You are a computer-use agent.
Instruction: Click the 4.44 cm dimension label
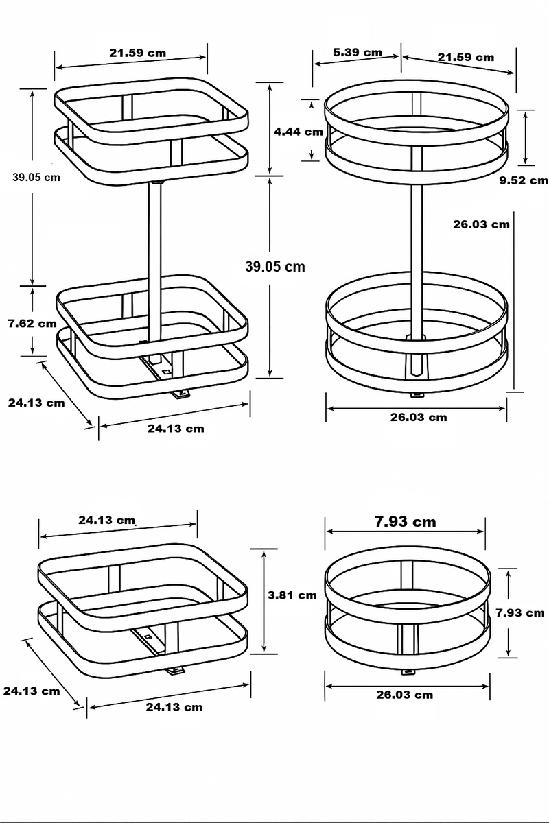(x=298, y=132)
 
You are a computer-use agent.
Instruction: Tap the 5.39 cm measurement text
(x=357, y=53)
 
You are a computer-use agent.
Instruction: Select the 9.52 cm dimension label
(x=524, y=181)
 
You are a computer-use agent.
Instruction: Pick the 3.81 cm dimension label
(x=292, y=595)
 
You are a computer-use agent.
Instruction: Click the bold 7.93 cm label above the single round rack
(x=405, y=522)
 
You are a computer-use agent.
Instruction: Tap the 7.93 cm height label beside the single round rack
(x=520, y=612)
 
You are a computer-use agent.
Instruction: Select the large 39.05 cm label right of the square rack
(x=274, y=267)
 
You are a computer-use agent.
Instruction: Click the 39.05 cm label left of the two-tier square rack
(x=36, y=176)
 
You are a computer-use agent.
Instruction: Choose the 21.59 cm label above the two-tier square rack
(x=137, y=53)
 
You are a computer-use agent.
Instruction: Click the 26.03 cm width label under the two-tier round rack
(x=418, y=417)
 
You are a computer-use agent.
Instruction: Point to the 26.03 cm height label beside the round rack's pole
(x=481, y=224)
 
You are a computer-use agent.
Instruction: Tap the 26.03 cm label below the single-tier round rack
(x=404, y=695)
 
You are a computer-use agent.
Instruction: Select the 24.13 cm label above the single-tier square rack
(x=106, y=521)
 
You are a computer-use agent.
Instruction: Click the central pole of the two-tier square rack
(x=156, y=261)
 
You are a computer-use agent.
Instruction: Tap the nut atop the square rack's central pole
(x=157, y=182)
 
